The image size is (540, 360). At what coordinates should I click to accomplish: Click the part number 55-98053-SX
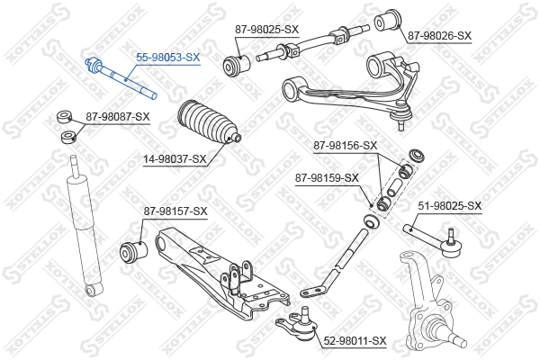coord(167,58)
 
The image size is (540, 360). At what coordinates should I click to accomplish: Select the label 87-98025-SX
coord(267,30)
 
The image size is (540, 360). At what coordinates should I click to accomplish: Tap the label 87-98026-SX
coord(439,35)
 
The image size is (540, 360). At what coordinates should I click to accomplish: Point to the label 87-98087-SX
coord(118,117)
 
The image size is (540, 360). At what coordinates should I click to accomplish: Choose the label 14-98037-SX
coord(175,159)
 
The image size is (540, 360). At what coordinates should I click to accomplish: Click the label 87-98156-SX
coord(346,146)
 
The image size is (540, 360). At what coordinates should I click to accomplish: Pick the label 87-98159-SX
coord(327,178)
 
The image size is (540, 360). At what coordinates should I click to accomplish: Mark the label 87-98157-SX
coord(175,211)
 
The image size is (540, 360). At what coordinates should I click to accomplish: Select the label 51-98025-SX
coord(450,206)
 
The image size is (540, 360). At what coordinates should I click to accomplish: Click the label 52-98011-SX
coord(355,341)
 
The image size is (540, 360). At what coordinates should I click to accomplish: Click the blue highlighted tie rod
coord(121,78)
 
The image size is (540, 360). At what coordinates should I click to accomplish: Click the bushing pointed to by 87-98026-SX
coord(388,21)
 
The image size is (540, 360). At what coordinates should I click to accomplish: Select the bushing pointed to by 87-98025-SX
coord(236,64)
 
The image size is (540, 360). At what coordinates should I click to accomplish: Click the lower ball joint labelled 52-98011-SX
coord(298,323)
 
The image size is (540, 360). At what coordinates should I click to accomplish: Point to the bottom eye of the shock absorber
coord(94,290)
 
